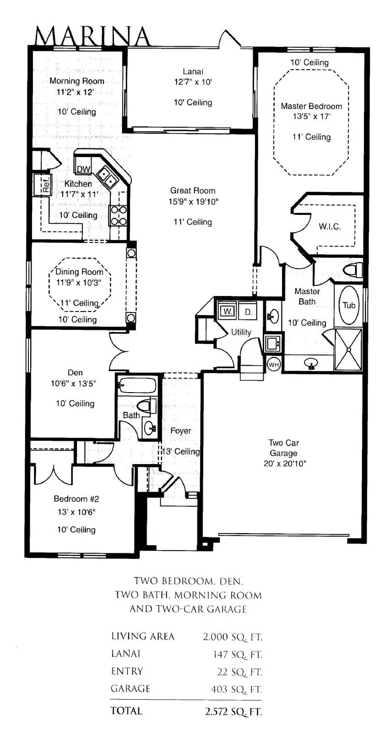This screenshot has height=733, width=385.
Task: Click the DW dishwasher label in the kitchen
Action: click(83, 169)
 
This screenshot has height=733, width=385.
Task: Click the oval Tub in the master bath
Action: click(349, 305)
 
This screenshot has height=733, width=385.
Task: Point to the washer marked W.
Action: click(228, 311)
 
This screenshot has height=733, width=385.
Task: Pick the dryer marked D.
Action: click(248, 312)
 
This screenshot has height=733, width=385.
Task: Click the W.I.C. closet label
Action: click(330, 226)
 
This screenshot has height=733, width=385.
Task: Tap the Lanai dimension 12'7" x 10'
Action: click(193, 82)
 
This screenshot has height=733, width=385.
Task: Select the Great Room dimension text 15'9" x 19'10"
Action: click(193, 202)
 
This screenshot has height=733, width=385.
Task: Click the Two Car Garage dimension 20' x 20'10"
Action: click(285, 463)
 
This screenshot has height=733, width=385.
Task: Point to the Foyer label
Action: click(180, 431)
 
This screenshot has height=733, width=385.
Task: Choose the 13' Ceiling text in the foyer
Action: click(181, 452)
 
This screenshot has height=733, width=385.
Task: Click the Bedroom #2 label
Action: click(76, 499)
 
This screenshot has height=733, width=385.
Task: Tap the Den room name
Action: click(75, 372)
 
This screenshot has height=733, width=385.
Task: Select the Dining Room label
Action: click(79, 272)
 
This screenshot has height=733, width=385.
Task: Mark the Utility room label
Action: click(241, 332)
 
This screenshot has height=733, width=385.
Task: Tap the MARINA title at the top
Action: click(92, 36)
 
